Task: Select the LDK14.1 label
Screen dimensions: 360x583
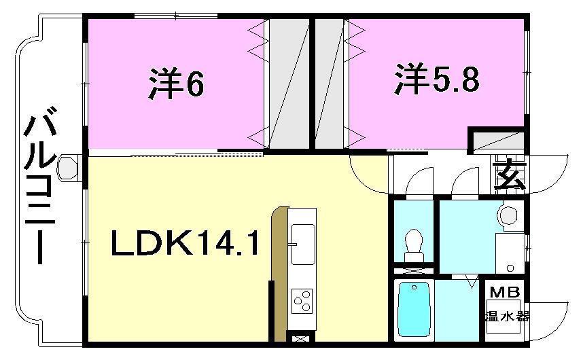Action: [185, 243]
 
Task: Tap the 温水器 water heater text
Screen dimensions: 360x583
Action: [506, 316]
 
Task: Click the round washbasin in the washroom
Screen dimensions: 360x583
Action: [508, 215]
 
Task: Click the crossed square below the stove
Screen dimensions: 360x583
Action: [299, 336]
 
